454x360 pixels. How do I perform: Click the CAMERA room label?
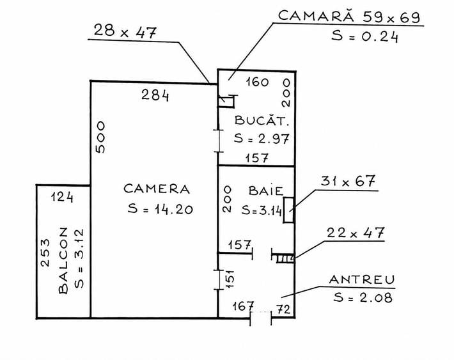click(x=157, y=189)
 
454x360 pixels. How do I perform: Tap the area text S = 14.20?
click(x=160, y=209)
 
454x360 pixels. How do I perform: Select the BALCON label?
click(x=63, y=261)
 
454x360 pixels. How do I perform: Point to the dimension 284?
click(x=155, y=95)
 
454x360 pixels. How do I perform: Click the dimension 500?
click(x=100, y=137)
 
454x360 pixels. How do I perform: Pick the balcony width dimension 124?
click(x=62, y=197)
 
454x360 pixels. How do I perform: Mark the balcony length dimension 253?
click(x=45, y=253)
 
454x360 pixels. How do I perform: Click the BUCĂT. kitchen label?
click(x=262, y=120)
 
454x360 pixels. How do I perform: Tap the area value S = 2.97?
click(x=262, y=139)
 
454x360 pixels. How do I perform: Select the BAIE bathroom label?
click(x=266, y=191)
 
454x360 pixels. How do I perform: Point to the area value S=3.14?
click(x=262, y=210)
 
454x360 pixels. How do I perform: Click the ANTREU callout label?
click(x=362, y=279)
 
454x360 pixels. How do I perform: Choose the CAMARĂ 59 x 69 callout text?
click(x=349, y=16)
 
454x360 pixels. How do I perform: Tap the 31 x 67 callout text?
click(x=348, y=182)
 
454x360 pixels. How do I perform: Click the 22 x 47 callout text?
click(x=356, y=233)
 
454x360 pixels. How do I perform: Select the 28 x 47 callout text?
click(x=125, y=31)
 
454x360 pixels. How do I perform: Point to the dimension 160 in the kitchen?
click(x=258, y=82)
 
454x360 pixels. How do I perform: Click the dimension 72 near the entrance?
click(x=283, y=309)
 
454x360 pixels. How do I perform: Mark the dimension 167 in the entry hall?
click(x=243, y=306)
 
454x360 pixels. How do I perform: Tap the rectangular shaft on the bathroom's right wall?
click(x=288, y=210)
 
